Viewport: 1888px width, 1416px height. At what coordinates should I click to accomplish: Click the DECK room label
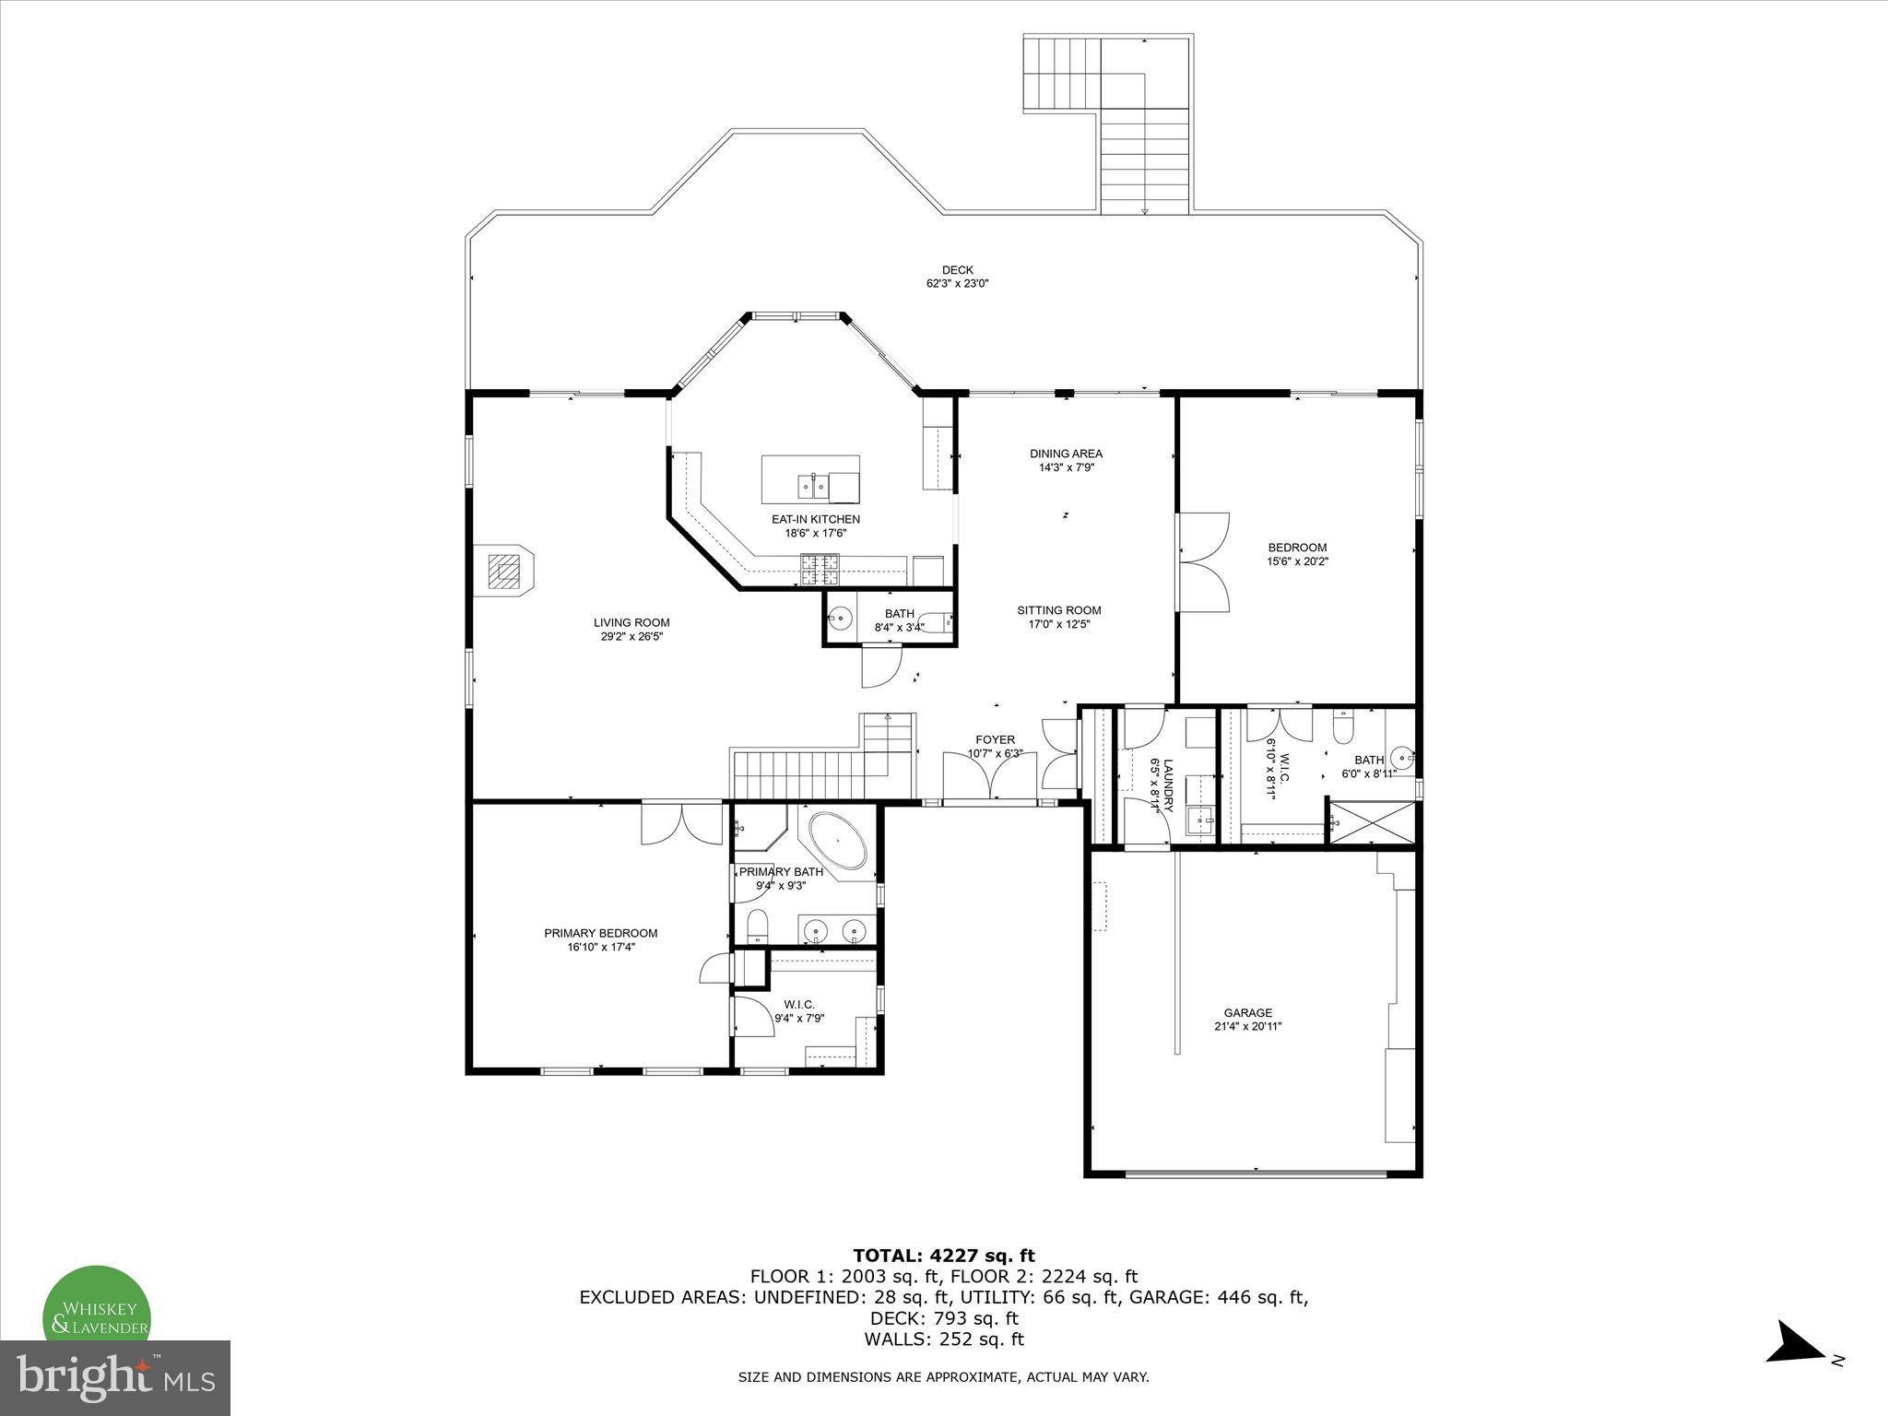[957, 270]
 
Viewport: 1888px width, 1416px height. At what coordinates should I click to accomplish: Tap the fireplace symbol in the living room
[503, 571]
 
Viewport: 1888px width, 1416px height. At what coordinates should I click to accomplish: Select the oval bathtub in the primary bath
[837, 841]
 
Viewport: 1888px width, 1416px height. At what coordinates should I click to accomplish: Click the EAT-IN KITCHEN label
[815, 519]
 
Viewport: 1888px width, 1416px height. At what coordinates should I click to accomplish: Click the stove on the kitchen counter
[820, 569]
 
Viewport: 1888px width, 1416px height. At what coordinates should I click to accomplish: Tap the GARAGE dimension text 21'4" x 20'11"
[1247, 1026]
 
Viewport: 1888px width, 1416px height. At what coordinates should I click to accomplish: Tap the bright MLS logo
[114, 1377]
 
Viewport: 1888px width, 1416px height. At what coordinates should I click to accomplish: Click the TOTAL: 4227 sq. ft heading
[943, 1255]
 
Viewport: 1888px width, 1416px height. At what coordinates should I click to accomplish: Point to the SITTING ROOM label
[1058, 610]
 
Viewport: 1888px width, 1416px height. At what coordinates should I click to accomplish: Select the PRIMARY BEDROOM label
[600, 933]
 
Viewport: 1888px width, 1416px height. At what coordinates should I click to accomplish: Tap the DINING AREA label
[1066, 454]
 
